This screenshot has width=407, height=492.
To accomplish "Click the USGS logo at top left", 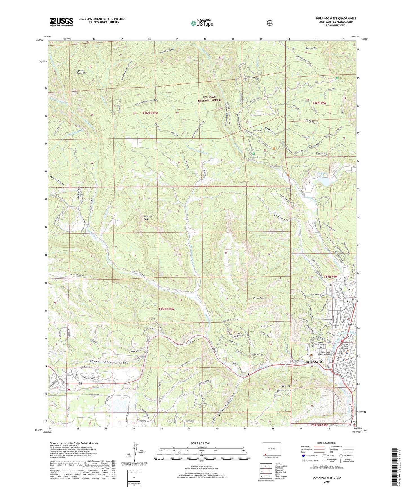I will tap(61, 22).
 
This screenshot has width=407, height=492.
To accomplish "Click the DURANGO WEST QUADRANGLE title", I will tap(336, 19).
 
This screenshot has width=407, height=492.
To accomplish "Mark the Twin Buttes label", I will tap(240, 334).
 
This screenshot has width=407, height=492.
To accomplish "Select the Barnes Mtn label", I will tap(311, 48).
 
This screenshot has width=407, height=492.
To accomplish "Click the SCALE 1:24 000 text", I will tap(200, 443).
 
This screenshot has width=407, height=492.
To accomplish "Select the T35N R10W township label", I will tap(166, 309).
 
